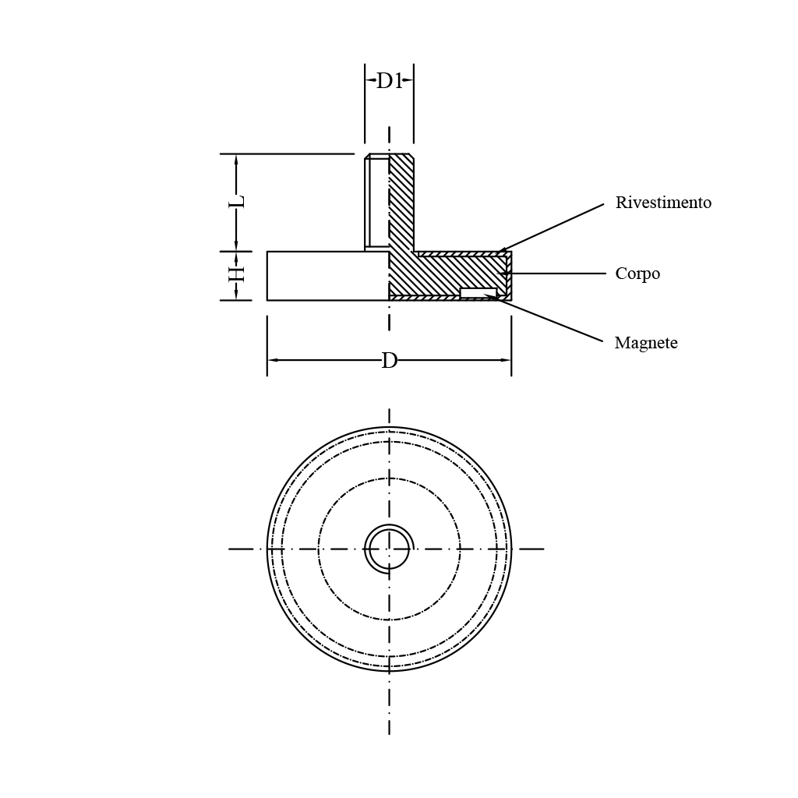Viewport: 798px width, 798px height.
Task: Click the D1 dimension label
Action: coord(390,81)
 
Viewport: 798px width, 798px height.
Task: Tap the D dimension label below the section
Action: coord(390,361)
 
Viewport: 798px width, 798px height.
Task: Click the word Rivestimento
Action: coord(663,203)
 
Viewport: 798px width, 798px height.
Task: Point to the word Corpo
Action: coord(637,274)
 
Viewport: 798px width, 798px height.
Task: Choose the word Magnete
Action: coord(646,343)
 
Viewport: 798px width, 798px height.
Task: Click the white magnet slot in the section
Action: coord(478,293)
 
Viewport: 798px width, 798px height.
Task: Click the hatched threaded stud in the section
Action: coord(401,203)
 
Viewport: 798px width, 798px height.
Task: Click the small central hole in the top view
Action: coord(390,549)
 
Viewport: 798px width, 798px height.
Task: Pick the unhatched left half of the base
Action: coord(328,276)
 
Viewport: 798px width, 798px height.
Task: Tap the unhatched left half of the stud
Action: coord(377,203)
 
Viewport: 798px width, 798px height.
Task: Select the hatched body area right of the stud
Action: coord(458,272)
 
